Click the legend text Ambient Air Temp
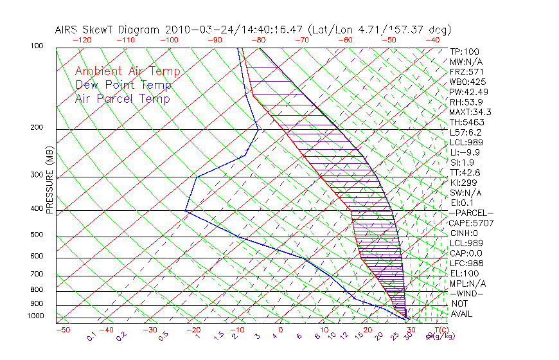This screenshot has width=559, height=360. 127,71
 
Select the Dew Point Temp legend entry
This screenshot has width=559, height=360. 123,85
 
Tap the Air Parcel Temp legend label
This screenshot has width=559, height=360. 122,98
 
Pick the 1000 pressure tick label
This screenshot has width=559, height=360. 36,316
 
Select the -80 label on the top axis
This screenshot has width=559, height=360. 258,40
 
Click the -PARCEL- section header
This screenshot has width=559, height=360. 471,213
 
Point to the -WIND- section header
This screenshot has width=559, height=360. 467,293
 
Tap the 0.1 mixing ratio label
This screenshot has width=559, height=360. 92,336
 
